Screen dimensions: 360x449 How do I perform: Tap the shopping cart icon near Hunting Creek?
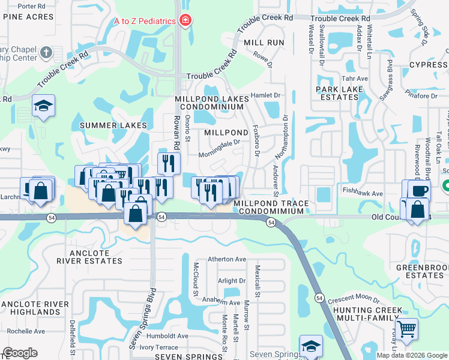406,329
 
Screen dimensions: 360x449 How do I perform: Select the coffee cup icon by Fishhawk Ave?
419,191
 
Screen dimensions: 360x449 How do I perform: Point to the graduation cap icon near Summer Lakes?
43,106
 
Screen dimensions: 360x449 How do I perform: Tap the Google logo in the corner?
20,353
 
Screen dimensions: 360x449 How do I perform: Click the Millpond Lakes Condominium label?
209,103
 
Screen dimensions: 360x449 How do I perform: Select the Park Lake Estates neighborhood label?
340,93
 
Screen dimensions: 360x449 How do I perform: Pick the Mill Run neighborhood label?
264,43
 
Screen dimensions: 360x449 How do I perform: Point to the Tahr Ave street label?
355,79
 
